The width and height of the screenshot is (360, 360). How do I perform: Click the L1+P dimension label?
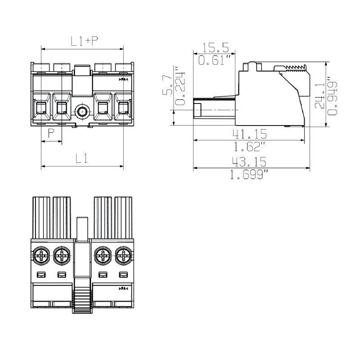pyautogui.click(x=85, y=41)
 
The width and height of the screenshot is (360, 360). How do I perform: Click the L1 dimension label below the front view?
pyautogui.click(x=81, y=158)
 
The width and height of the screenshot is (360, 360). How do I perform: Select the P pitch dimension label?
pyautogui.click(x=51, y=133)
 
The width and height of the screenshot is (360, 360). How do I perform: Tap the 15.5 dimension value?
pyautogui.click(x=216, y=47)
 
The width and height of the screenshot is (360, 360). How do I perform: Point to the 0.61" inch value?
pyautogui.click(x=216, y=60)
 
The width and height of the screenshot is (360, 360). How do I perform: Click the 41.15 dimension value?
pyautogui.click(x=249, y=134)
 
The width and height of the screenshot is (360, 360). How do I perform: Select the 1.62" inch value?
pyautogui.click(x=249, y=146)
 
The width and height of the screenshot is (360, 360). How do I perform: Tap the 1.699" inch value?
pyautogui.click(x=249, y=174)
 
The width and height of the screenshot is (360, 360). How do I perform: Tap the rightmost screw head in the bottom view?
pyautogui.click(x=122, y=256)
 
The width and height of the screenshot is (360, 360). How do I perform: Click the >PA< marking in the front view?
pyautogui.click(x=123, y=80)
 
